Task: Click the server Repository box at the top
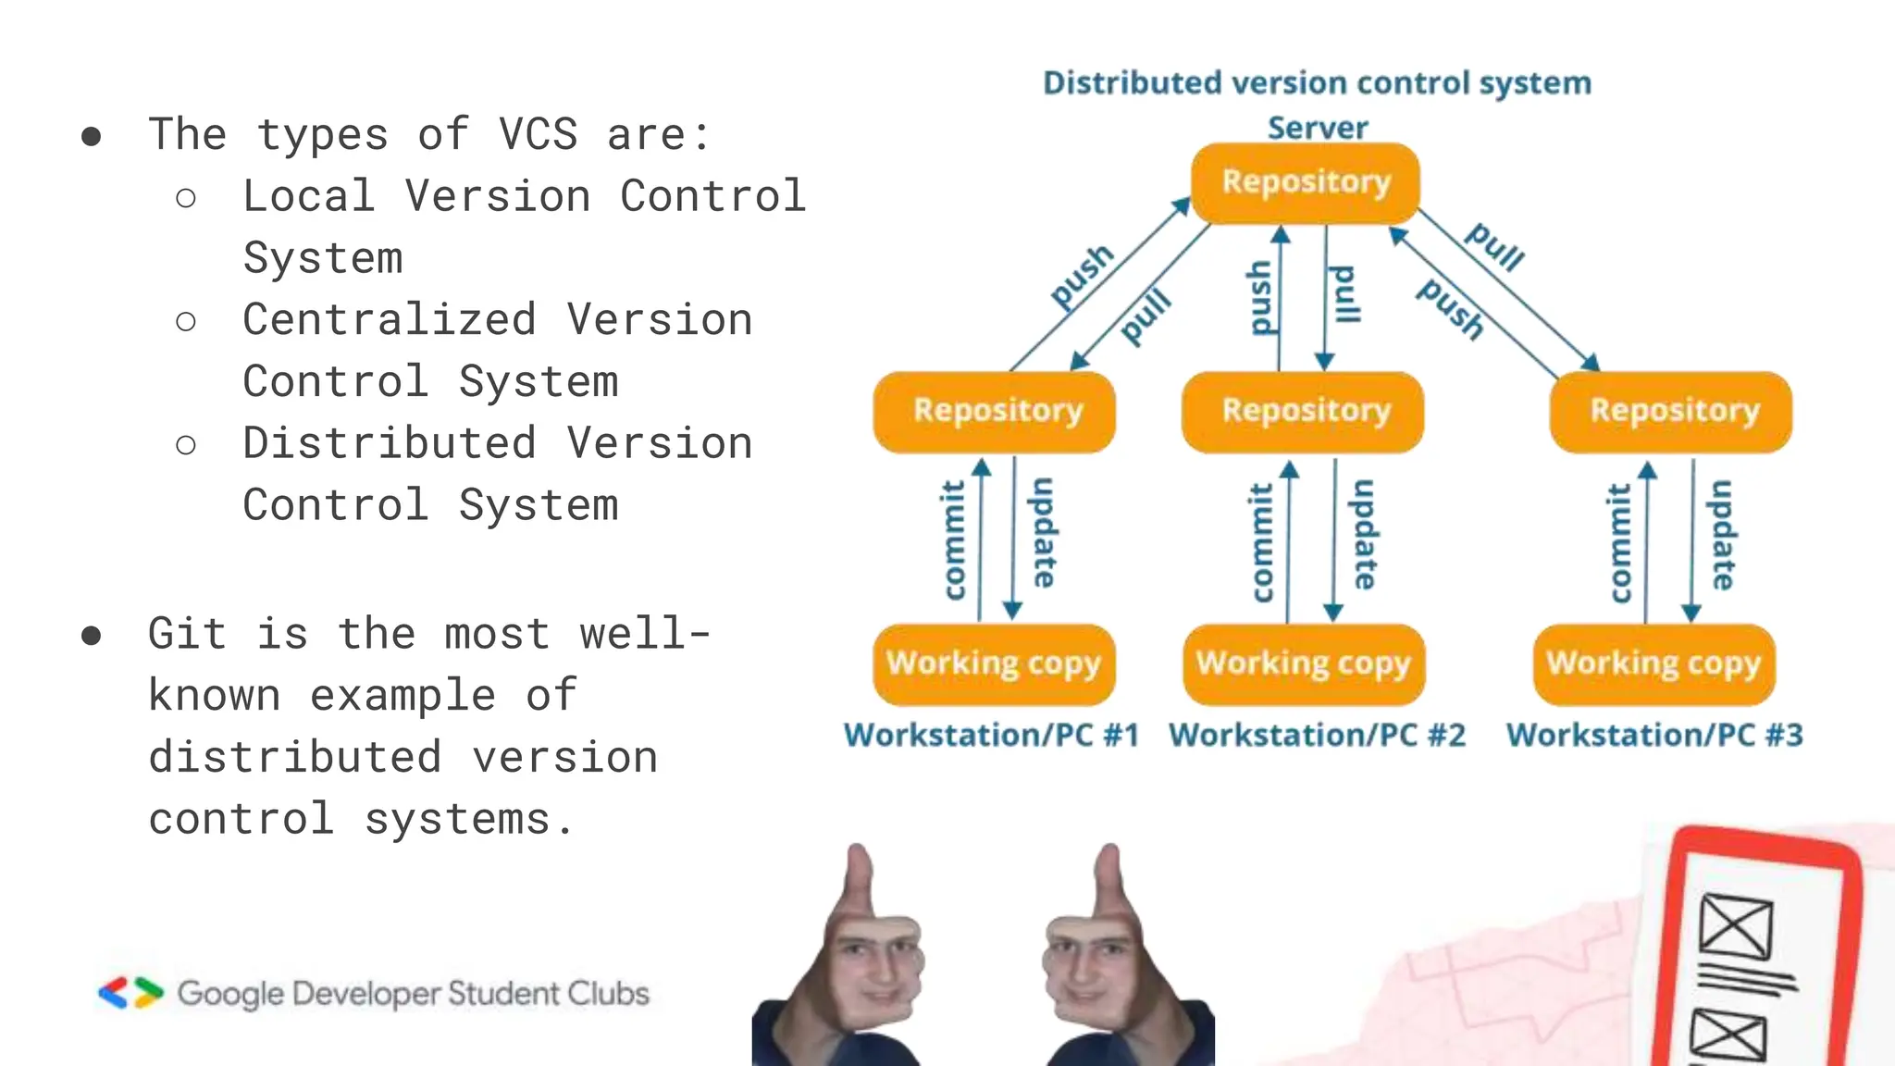pos(1305,182)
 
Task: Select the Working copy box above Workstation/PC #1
pos(994,663)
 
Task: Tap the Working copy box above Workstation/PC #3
pos(1653,663)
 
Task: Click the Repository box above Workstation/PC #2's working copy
pos(1305,411)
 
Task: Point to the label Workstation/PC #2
pos(1317,735)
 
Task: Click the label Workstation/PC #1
pos(991,735)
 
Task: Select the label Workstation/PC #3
pos(1654,735)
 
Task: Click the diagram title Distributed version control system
pos(1317,83)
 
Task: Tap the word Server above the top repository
pos(1317,128)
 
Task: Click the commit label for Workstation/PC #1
pos(953,540)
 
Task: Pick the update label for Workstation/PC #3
pos(1722,535)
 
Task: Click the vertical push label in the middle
pos(1260,297)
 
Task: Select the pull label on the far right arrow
pos(1494,247)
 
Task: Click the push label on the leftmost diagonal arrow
pos(1082,276)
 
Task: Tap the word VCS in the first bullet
pos(538,135)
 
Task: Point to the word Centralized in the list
pos(389,320)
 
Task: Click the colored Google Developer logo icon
pos(130,993)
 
